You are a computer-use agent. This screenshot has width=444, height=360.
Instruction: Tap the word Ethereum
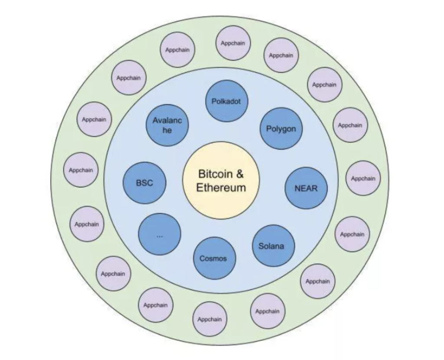pyautogui.click(x=221, y=188)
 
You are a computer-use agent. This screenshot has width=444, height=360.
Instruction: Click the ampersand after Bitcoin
pyautogui.click(x=239, y=174)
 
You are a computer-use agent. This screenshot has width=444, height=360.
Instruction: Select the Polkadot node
pyautogui.click(x=226, y=101)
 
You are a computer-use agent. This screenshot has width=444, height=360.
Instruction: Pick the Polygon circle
pyautogui.click(x=281, y=129)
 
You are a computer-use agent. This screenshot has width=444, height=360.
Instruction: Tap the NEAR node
pyautogui.click(x=306, y=188)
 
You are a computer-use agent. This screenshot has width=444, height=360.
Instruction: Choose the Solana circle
pyautogui.click(x=273, y=246)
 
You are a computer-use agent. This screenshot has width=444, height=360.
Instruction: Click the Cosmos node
pyautogui.click(x=214, y=258)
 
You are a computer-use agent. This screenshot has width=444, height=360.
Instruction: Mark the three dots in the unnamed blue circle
pyautogui.click(x=160, y=236)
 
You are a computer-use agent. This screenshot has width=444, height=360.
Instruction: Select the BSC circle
pyautogui.click(x=144, y=182)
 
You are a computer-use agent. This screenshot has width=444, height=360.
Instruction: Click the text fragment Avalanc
pyautogui.click(x=167, y=121)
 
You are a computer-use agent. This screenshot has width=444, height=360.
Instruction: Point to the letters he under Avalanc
pyautogui.click(x=167, y=130)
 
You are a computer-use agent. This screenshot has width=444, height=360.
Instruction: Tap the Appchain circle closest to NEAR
pyautogui.click(x=363, y=178)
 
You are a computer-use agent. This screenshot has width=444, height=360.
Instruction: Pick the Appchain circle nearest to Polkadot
pyautogui.click(x=233, y=43)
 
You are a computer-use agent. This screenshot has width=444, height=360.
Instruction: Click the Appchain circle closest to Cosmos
pyautogui.click(x=210, y=319)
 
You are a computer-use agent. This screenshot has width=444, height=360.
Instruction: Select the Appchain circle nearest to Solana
pyautogui.click(x=317, y=281)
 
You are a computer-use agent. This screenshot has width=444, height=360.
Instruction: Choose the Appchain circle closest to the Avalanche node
pyautogui.click(x=128, y=78)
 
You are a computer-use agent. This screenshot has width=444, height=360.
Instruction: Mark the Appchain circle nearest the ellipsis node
pyautogui.click(x=113, y=273)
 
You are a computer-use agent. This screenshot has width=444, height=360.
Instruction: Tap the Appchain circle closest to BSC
pyautogui.click(x=81, y=170)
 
